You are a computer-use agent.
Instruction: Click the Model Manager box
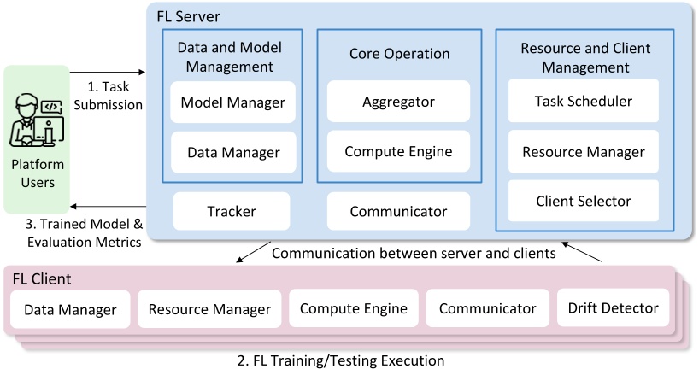click(x=232, y=103)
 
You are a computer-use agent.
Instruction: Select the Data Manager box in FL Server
click(x=232, y=153)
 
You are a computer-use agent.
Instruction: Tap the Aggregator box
click(x=398, y=102)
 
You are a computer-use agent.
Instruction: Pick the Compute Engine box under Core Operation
click(x=398, y=151)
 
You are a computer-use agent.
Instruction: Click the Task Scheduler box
click(x=584, y=101)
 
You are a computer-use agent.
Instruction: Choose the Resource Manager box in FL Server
click(x=584, y=152)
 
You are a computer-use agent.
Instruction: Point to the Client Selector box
click(x=584, y=202)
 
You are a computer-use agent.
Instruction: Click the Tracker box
click(x=231, y=211)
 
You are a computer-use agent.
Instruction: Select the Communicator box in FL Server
click(x=398, y=211)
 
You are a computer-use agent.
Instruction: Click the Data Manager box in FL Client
click(x=70, y=309)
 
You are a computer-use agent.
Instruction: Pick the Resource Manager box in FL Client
click(x=209, y=309)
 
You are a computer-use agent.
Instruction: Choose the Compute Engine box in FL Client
click(x=353, y=308)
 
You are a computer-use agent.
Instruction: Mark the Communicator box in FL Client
click(x=487, y=308)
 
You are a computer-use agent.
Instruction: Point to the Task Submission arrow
click(x=109, y=72)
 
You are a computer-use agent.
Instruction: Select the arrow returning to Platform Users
click(x=109, y=206)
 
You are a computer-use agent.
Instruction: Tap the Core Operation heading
click(x=399, y=54)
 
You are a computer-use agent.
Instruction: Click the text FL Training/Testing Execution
click(x=340, y=360)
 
